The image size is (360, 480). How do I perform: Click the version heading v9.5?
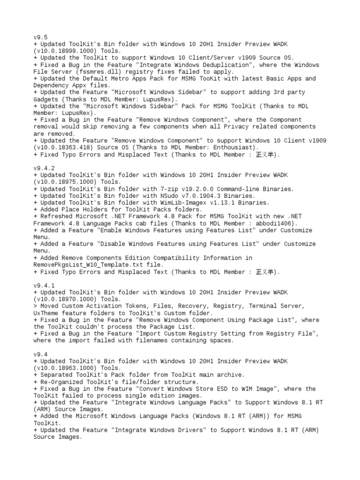click(40, 37)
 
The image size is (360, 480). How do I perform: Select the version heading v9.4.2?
click(44, 168)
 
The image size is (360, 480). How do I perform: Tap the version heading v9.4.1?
click(44, 285)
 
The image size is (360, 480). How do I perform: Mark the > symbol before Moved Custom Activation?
click(35, 306)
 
